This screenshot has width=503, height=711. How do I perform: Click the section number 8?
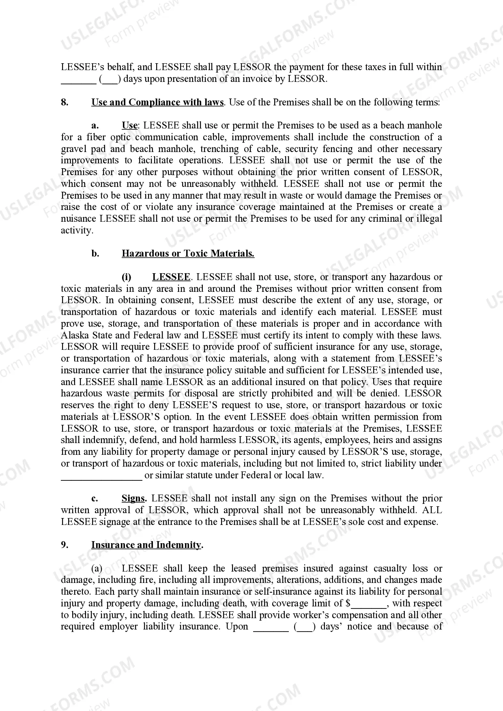point(64,102)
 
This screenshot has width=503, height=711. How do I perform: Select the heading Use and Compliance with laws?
point(157,102)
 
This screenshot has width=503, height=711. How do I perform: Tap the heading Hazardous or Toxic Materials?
point(188,254)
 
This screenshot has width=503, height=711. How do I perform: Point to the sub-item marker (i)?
point(127,277)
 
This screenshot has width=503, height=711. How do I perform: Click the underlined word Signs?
point(133,499)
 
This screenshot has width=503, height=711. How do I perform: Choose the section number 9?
point(64,545)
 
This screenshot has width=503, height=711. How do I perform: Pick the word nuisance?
point(79,219)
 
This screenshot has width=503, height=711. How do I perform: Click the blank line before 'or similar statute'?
point(101,475)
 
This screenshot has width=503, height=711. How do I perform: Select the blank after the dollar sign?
point(369,604)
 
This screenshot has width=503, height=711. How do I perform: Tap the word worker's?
point(298,615)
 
